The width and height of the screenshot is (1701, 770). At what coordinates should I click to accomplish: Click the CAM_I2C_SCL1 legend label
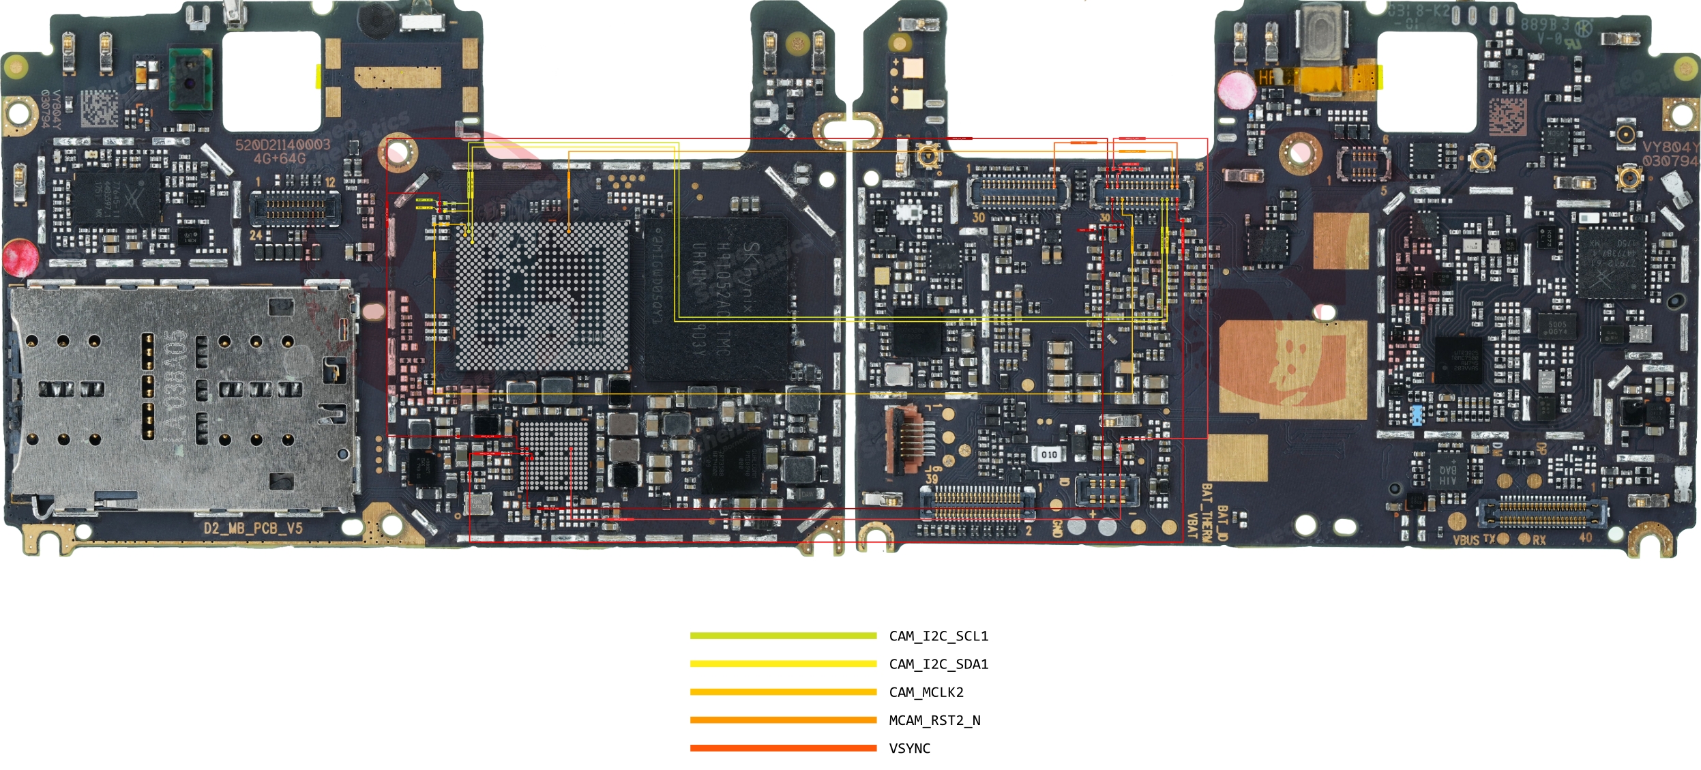pos(938,636)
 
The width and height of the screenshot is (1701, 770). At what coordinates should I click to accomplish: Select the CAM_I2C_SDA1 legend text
pos(938,664)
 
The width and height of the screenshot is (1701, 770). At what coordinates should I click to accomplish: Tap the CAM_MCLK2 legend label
pos(926,692)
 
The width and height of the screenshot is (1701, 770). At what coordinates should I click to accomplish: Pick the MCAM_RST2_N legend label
pos(934,720)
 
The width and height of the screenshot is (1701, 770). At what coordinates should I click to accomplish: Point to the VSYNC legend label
pos(909,748)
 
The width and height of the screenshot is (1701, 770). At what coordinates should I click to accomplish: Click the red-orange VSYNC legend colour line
pos(782,748)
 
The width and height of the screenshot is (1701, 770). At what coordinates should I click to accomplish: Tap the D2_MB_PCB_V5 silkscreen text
pos(252,529)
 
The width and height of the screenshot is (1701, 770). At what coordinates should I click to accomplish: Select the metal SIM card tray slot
pos(181,399)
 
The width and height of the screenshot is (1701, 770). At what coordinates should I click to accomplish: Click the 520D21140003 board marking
pos(282,145)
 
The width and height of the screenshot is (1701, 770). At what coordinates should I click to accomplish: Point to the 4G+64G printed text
pos(280,159)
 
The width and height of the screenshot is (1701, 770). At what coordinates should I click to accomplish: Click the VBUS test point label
pos(1466,540)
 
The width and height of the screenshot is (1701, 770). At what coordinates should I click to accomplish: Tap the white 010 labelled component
pos(1049,454)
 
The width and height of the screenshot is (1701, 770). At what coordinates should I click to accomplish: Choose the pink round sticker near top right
pos(1235,89)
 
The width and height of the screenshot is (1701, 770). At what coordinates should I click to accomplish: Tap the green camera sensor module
pos(190,78)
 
